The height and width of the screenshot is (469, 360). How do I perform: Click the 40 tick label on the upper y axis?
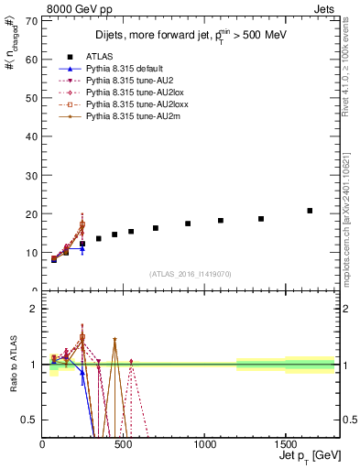[x=31, y=136]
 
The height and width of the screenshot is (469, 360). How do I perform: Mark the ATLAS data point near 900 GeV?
[x=188, y=224]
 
